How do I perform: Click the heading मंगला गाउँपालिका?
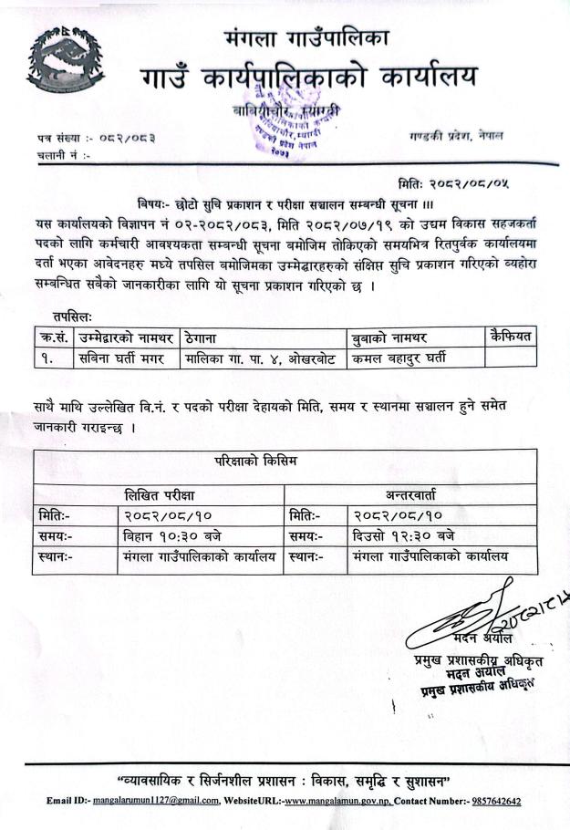pos(306,38)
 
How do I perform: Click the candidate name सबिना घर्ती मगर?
pos(121,358)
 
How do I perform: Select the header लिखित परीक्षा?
pos(160,494)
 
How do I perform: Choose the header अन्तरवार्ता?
pos(411,494)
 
